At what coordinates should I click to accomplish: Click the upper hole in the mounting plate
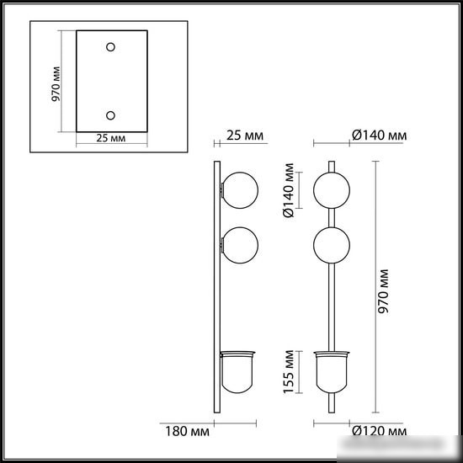pyautogui.click(x=110, y=47)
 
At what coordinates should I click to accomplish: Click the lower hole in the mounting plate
pyautogui.click(x=110, y=115)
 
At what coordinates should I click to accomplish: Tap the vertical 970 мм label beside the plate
pyautogui.click(x=56, y=84)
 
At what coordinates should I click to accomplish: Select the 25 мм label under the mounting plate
pyautogui.click(x=111, y=138)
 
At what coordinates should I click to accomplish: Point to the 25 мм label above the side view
pyautogui.click(x=245, y=136)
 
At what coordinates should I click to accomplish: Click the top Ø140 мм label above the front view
pyautogui.click(x=379, y=136)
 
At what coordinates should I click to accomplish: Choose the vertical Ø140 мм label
pyautogui.click(x=289, y=190)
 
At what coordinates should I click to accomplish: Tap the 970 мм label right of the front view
pyautogui.click(x=384, y=291)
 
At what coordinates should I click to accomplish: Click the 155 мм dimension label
pyautogui.click(x=289, y=372)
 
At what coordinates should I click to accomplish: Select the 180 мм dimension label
pyautogui.click(x=187, y=431)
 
